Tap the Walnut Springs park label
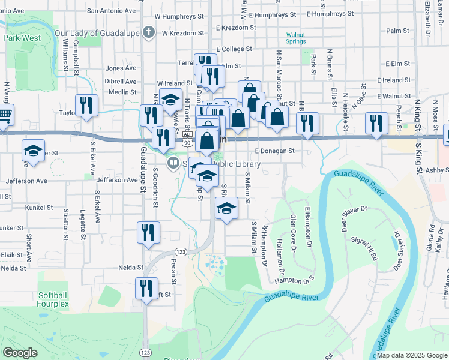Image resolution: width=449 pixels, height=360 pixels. [299, 39]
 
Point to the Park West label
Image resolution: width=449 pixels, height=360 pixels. [22, 37]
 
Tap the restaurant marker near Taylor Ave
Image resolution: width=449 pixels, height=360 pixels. [86, 106]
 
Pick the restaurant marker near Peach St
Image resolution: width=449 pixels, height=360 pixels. [376, 124]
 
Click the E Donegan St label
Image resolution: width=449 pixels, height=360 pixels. [274, 151]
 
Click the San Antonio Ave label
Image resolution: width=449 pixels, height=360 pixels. [111, 10]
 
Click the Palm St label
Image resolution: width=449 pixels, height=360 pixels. [397, 30]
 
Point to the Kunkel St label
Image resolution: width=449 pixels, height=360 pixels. [40, 207]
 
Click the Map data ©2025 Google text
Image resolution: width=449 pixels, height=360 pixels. [412, 355]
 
